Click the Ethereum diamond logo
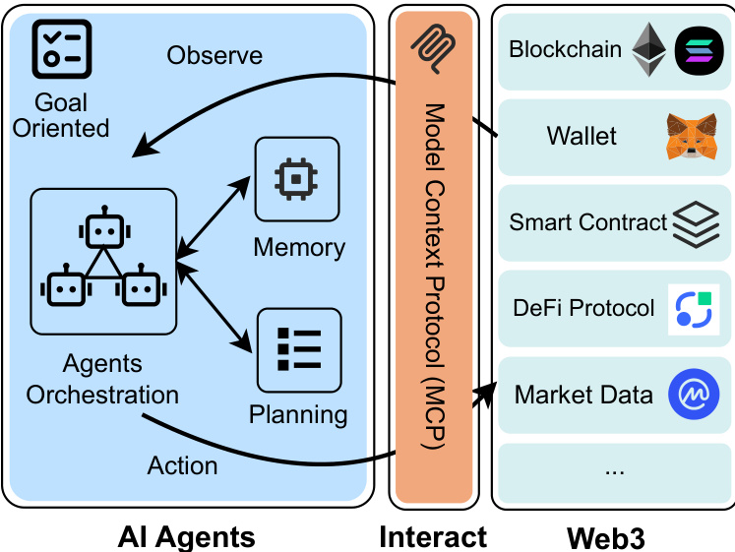pyautogui.click(x=649, y=50)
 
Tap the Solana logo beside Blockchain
pyautogui.click(x=699, y=50)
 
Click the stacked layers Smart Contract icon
pyautogui.click(x=696, y=224)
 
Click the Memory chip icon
pyautogui.click(x=296, y=178)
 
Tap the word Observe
pyautogui.click(x=214, y=55)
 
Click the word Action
pyautogui.click(x=182, y=464)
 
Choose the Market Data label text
pyautogui.click(x=583, y=396)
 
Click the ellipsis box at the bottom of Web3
pyautogui.click(x=614, y=468)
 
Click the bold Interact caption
pyautogui.click(x=433, y=536)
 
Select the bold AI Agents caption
pyautogui.click(x=186, y=536)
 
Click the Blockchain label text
pyautogui.click(x=565, y=49)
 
